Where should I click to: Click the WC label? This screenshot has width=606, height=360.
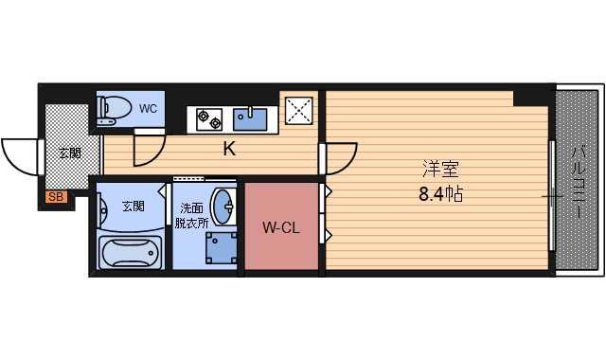point(148,108)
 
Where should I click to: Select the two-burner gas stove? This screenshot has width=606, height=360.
point(208,118)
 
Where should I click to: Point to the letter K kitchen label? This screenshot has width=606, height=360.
point(228,149)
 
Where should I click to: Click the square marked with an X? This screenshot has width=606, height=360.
point(301,110)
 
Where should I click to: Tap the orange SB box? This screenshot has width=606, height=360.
point(55,198)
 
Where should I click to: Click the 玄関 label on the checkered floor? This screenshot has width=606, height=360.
point(69,153)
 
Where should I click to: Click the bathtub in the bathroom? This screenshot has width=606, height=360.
point(132,253)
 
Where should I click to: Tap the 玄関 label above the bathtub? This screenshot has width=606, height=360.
point(134,206)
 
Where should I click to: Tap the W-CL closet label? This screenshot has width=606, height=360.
point(282,227)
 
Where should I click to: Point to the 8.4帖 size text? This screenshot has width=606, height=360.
point(440,195)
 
